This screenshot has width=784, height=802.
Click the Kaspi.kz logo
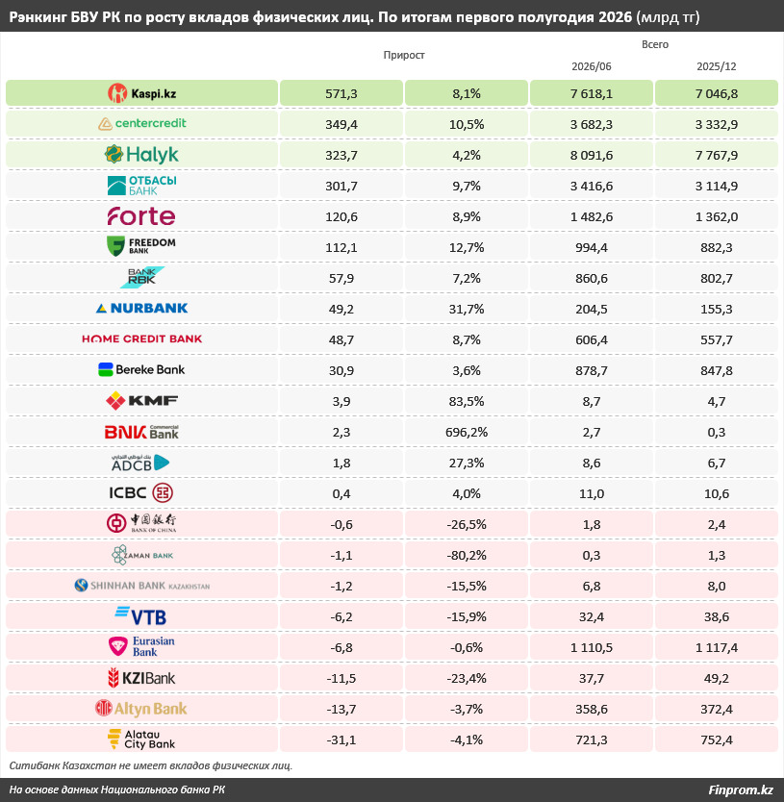pos(141,93)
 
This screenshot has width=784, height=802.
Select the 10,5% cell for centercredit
pos(467,124)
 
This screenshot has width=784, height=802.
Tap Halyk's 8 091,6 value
pos(591,155)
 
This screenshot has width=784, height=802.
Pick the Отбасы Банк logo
pos(141,186)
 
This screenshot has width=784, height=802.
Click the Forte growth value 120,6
pos(341,217)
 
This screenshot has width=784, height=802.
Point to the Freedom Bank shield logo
pos(115,246)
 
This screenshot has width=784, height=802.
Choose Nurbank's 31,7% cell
pos(467,309)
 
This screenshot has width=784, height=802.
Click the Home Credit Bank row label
pos(141,338)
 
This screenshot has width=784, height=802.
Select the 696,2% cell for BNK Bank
pos(467,432)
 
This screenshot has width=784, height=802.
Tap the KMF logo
pos(141,400)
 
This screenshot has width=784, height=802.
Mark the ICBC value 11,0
pos(591,493)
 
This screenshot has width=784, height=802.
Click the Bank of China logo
pos(141,523)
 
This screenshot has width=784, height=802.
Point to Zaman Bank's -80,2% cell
pos(467,555)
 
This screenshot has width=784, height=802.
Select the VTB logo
pos(140,616)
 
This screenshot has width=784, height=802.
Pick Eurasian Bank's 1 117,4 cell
pos(717,647)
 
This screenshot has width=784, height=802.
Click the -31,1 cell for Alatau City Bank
pos(341,739)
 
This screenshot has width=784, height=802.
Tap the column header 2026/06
pos(591,66)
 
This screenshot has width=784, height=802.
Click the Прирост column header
pos(404,55)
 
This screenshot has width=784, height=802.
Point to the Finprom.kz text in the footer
pos(741,789)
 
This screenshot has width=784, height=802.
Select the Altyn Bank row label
pos(141,709)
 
